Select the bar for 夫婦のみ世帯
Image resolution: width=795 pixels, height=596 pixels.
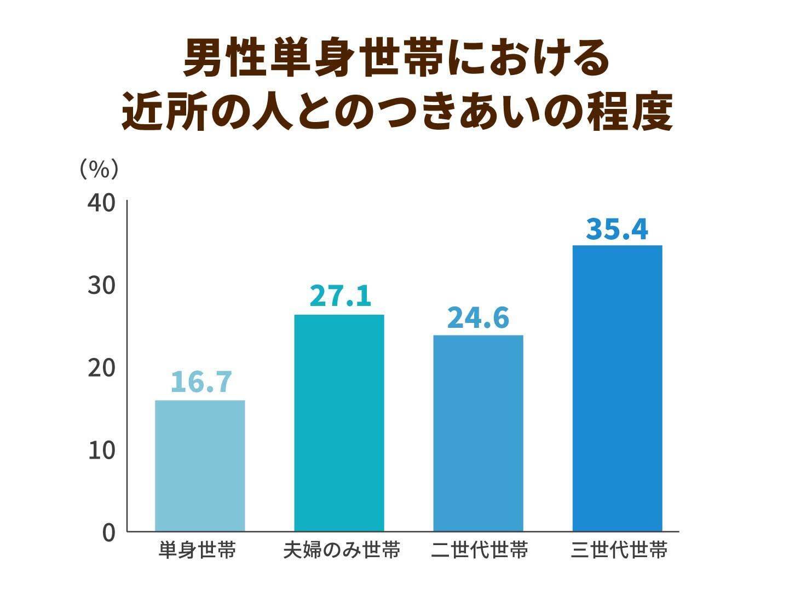[339, 423]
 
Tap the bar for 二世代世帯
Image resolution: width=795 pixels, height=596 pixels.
[478, 433]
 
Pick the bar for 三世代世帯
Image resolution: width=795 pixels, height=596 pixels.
[617, 388]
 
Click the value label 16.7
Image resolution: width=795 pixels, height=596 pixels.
[201, 382]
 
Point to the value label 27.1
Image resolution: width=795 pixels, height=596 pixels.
[340, 296]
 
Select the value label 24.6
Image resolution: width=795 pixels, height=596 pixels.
[478, 317]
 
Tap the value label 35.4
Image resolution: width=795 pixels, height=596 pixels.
[617, 229]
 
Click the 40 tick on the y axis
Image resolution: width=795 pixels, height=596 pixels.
[101, 203]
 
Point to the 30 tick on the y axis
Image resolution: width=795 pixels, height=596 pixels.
[101, 285]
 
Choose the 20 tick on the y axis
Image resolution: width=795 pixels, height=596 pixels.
[101, 368]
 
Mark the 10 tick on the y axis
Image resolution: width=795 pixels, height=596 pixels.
[101, 450]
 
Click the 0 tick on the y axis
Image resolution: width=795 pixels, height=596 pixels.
[108, 533]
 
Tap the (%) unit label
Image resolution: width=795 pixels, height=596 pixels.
[99, 169]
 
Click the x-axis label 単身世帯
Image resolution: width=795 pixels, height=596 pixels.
[197, 550]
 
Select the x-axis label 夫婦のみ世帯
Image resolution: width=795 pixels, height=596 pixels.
[342, 550]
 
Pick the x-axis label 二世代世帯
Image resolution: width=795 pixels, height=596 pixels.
[479, 550]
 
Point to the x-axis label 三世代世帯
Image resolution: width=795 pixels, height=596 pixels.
[619, 550]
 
